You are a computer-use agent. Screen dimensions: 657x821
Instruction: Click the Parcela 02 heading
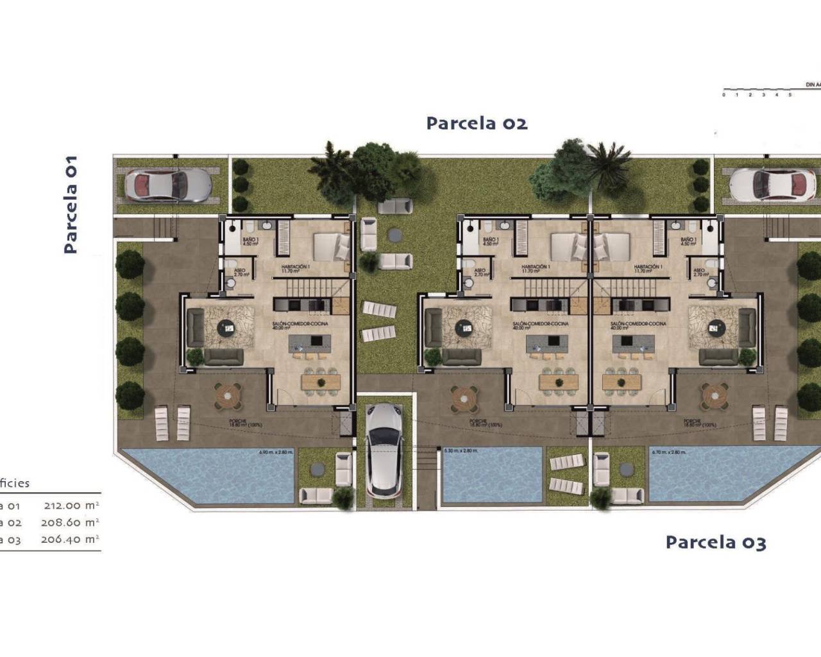(x=477, y=123)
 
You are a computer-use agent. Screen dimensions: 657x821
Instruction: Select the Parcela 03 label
(x=715, y=543)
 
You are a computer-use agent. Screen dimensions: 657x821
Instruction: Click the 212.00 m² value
(x=71, y=506)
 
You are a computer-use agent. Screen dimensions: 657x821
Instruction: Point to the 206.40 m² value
(x=71, y=540)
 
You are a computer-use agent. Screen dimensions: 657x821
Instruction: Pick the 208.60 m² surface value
(x=71, y=522)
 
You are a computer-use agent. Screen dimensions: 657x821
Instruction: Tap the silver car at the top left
(x=168, y=185)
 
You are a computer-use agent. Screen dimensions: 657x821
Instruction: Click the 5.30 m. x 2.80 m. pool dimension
(x=461, y=451)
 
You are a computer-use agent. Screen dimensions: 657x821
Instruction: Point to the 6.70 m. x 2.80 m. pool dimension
(x=668, y=452)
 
